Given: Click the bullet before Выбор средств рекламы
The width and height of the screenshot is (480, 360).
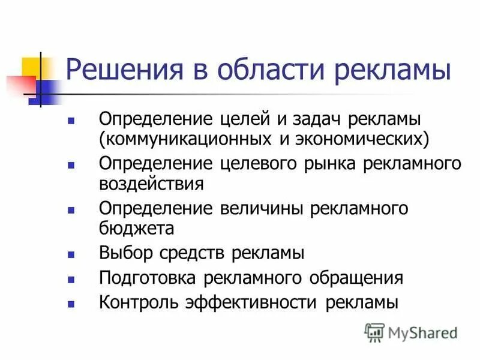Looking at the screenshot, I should [71, 254].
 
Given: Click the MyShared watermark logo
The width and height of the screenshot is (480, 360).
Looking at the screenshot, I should [410, 331].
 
